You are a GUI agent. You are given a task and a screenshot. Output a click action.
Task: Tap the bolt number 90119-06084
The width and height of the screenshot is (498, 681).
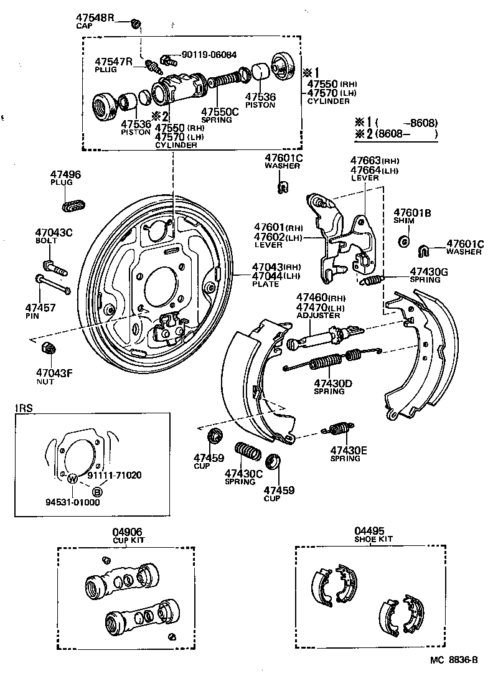pyautogui.click(x=209, y=55)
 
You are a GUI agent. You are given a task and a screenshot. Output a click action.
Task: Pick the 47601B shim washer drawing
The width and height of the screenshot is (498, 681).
pyautogui.click(x=403, y=240)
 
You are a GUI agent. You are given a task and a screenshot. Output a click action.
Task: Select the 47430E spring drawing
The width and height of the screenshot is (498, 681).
pyautogui.click(x=338, y=429)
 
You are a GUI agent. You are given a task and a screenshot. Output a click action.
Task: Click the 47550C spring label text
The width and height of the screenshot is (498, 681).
pyautogui.click(x=219, y=113)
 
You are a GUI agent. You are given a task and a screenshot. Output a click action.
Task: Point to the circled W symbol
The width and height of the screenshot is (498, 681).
pyautogui.click(x=72, y=479)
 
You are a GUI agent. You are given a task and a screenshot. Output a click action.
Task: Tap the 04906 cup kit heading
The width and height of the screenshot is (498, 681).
pyautogui.click(x=127, y=532)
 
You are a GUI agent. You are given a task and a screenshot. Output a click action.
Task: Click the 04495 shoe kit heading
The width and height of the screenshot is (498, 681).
pyautogui.click(x=370, y=532)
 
